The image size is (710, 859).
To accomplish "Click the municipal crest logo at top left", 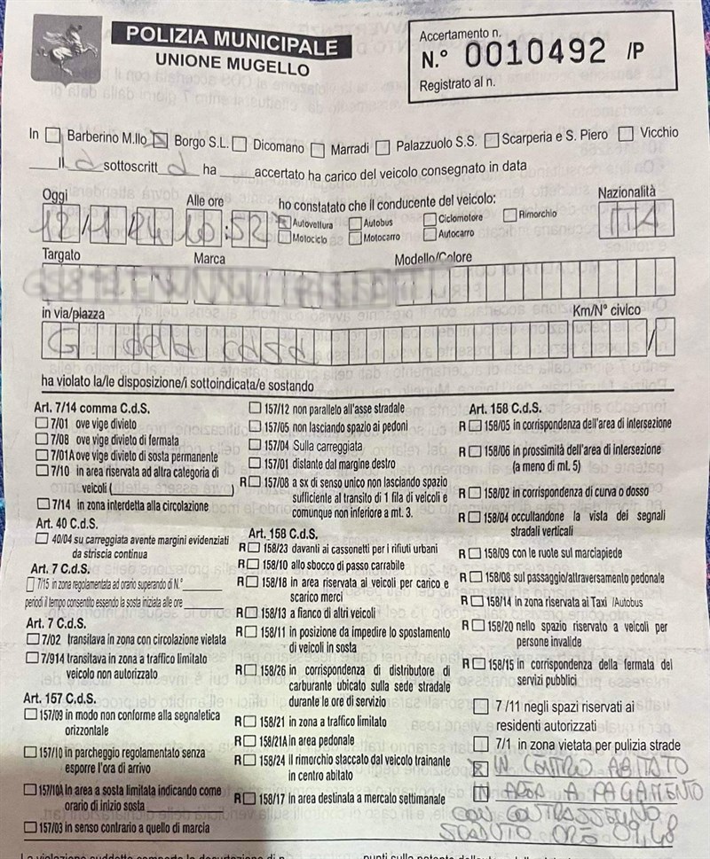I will tap(67, 54).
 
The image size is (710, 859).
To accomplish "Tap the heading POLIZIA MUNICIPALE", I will tap(233, 38).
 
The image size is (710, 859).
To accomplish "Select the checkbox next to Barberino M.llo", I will tap(53, 137).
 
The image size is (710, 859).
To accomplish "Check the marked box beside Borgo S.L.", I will tap(161, 139).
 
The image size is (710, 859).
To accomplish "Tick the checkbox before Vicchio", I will tap(626, 133).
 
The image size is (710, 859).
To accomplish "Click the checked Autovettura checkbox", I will tap(284, 223).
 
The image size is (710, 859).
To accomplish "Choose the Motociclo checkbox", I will tap(284, 238).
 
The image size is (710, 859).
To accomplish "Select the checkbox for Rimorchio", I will tap(510, 215).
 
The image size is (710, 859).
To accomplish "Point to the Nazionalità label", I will tap(627, 192).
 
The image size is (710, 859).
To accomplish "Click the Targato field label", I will tap(60, 254).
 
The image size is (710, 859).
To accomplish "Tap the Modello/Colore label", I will tap(433, 258).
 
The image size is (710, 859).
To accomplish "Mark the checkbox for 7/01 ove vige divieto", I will tap(42, 424).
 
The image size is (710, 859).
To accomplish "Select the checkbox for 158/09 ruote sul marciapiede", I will tap(476, 553).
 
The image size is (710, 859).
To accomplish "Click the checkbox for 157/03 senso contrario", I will tap(30, 827).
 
